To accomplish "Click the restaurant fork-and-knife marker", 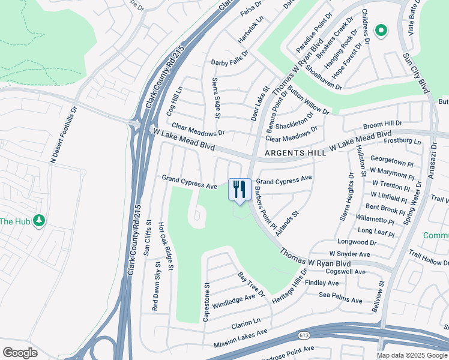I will pyautogui.click(x=240, y=190).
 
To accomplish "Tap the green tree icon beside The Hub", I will pyautogui.click(x=40, y=221).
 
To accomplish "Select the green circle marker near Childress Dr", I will pyautogui.click(x=381, y=31).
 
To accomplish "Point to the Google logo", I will pyautogui.click(x=20, y=353).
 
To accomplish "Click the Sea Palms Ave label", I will pyautogui.click(x=340, y=300).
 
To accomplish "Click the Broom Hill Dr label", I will pyautogui.click(x=382, y=124).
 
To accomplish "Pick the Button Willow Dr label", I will pyautogui.click(x=308, y=100).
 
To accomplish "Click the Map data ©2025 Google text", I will pyautogui.click(x=412, y=355).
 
